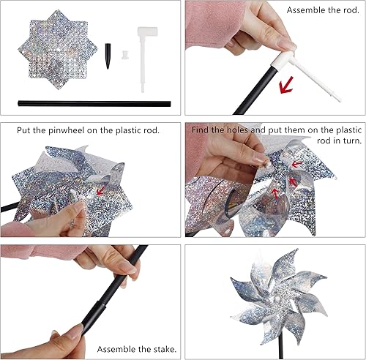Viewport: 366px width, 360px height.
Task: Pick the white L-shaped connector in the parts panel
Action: (147, 43)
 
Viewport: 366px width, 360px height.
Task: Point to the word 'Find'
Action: (201, 130)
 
